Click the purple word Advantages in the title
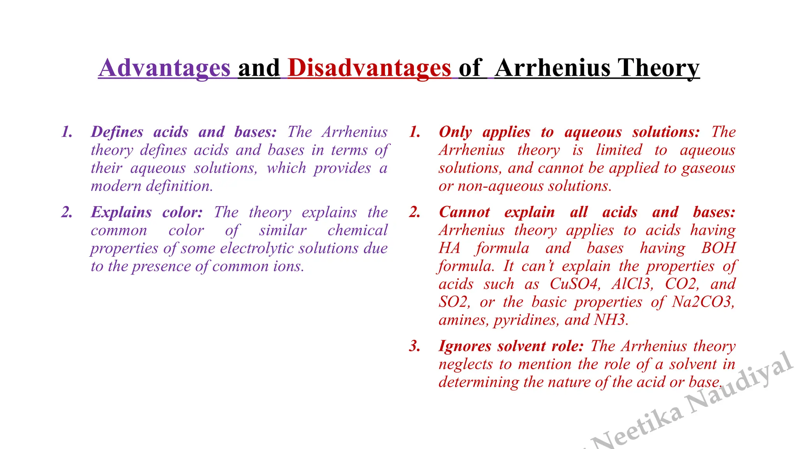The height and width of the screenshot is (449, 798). pos(164,68)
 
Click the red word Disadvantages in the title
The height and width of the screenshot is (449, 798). pos(369,68)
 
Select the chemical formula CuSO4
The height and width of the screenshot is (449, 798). pos(575,284)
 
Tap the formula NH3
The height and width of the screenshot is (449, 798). pos(611,320)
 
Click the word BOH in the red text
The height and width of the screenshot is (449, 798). pos(718,248)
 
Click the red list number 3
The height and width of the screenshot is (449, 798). pos(415,346)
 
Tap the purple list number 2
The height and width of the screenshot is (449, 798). pos(67,212)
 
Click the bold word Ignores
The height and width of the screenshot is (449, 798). pos(465,346)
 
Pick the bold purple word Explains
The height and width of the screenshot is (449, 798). pos(121,212)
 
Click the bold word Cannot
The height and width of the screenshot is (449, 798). pos(464,212)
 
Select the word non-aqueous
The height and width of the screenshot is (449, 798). pos(501,186)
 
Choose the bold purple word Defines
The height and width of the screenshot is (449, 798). pos(117,132)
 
